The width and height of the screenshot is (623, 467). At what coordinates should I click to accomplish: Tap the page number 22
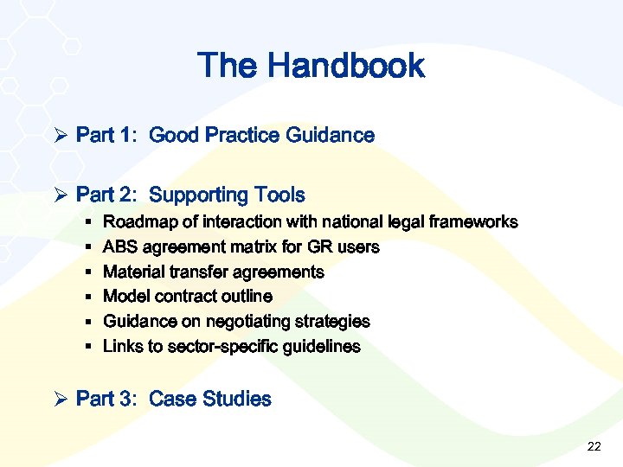594,446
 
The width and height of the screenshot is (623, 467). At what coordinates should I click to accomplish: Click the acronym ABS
119,247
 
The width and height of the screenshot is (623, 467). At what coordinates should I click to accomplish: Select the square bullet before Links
90,347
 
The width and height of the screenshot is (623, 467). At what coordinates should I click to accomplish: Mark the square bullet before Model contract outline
90,297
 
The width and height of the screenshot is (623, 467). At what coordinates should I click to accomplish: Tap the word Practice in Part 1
238,135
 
